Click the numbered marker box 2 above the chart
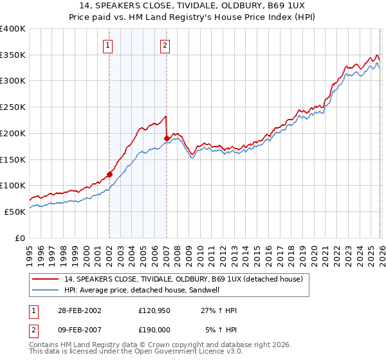click(x=165, y=45)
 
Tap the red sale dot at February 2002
click(x=109, y=174)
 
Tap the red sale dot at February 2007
click(x=167, y=138)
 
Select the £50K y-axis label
click(x=15, y=212)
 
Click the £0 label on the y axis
click(x=20, y=238)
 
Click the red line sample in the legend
click(x=46, y=279)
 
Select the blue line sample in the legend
click(x=46, y=290)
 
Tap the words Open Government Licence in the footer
click(x=179, y=352)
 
